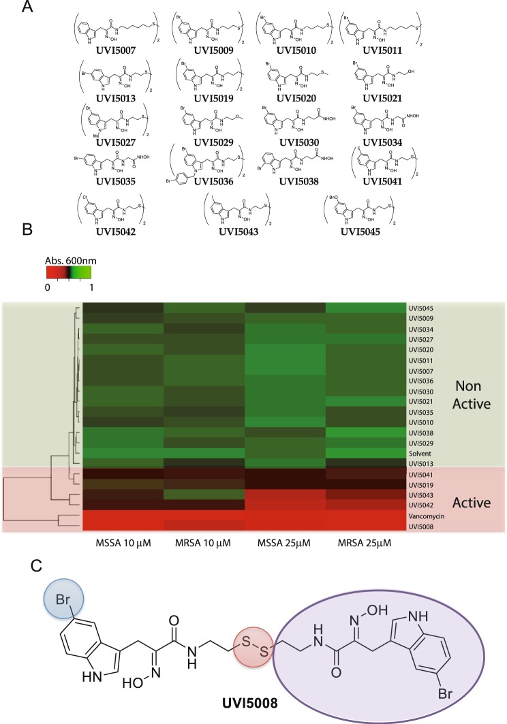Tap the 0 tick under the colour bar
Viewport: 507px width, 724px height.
[48, 268]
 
